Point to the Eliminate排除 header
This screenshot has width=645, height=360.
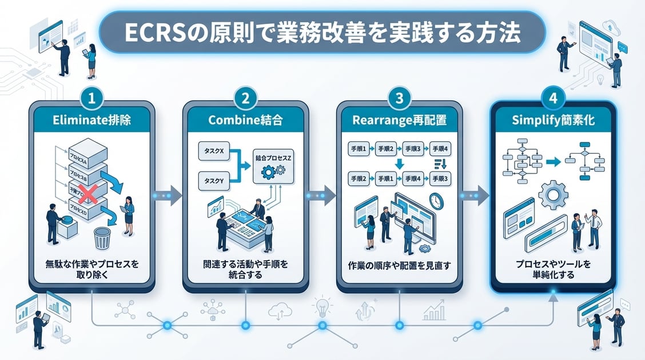point(93,120)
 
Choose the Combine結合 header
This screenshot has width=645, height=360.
point(245,120)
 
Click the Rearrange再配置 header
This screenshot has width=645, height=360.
point(399,120)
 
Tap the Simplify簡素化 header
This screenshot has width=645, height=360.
point(552,120)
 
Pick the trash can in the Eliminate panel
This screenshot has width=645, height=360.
point(102,238)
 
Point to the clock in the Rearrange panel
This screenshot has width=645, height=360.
point(436,201)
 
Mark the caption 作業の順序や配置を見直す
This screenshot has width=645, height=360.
point(399,266)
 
